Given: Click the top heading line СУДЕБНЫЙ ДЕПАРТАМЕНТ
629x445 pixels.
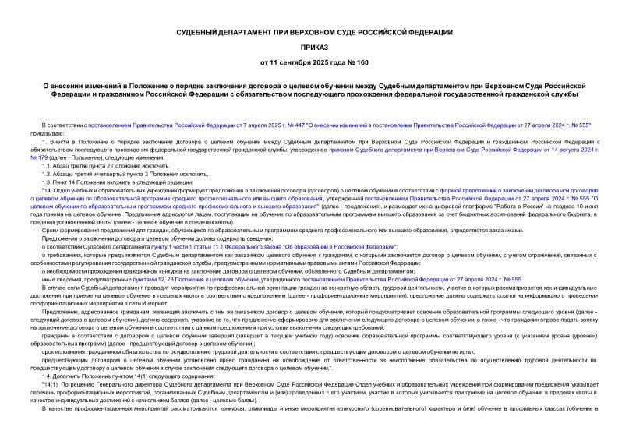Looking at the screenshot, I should tap(314, 31).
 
